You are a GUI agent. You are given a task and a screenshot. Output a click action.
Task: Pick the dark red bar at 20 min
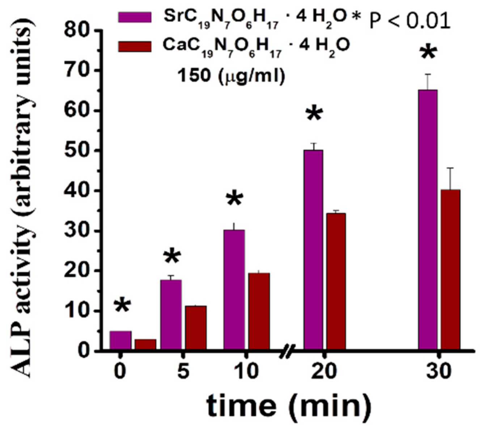pyautogui.click(x=336, y=282)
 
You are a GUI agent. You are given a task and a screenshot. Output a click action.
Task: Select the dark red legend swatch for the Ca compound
pyautogui.click(x=135, y=46)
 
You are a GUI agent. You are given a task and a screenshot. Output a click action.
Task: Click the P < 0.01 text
pyautogui.click(x=410, y=21)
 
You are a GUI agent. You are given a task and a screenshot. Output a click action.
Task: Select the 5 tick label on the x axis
pyautogui.click(x=183, y=371)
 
